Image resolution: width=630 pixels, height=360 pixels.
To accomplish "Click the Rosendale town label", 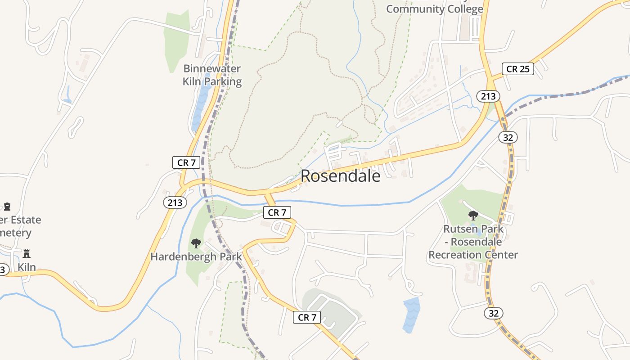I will (340, 176).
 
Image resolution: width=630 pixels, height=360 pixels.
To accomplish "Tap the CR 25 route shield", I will (517, 69).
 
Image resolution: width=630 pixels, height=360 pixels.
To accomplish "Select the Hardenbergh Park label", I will (196, 257).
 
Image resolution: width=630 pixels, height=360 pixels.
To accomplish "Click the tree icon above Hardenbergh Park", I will (196, 243).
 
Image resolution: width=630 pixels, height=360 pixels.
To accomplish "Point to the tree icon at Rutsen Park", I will (473, 216).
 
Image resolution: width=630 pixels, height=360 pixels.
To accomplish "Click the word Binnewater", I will (212, 69).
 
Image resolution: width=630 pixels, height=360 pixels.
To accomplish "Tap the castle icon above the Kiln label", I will (27, 253).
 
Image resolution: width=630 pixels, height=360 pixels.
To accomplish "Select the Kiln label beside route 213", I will (27, 267).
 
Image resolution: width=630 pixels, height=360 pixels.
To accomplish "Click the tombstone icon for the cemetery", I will (7, 207).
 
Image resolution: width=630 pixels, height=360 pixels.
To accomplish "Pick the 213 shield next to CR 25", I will (488, 96).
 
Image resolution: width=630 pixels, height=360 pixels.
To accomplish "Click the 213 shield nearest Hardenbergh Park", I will (175, 202).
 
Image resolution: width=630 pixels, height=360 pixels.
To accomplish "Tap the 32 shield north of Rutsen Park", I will (508, 137).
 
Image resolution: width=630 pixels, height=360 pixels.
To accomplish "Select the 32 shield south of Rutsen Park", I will (494, 313).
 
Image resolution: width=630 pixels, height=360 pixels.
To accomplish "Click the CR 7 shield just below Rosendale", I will (277, 212).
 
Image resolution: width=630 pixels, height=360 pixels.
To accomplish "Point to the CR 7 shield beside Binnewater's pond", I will (186, 162).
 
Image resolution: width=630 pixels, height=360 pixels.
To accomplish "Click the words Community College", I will (434, 9).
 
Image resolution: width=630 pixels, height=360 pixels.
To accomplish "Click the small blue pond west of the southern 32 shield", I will (411, 315).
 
